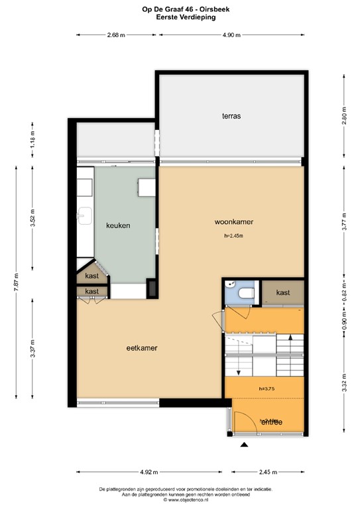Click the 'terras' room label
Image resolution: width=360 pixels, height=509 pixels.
click(x=231, y=116)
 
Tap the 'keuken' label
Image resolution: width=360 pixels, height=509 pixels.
click(x=118, y=225)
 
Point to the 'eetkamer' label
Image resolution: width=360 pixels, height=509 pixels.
click(x=141, y=347)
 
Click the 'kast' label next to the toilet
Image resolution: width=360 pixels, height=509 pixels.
click(x=283, y=292)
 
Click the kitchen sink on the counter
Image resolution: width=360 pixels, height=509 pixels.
click(x=83, y=214)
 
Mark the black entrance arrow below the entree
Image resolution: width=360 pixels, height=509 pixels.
click(x=245, y=445)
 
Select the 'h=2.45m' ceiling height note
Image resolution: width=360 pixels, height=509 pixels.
click(x=233, y=236)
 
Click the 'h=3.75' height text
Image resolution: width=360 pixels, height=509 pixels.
click(x=267, y=389)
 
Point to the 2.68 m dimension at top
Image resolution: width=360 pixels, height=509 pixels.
click(x=116, y=35)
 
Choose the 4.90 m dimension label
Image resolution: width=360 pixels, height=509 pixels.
click(x=231, y=35)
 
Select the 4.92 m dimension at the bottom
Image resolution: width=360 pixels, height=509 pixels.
click(x=148, y=473)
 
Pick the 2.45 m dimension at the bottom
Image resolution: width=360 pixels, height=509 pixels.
click(x=267, y=473)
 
